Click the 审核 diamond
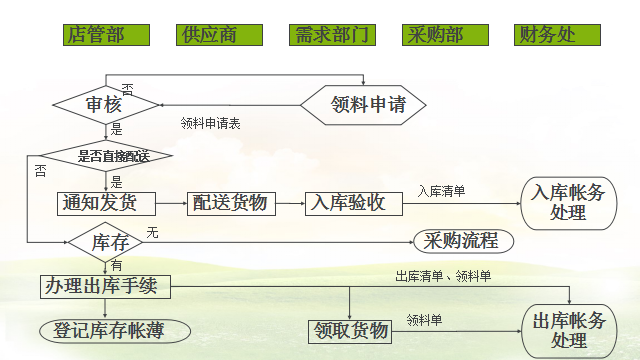point(106,104)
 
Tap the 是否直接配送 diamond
point(113,156)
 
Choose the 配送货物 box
point(231,203)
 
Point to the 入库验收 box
point(353,203)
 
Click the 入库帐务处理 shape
point(568,203)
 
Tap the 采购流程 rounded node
point(462,241)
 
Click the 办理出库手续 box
point(106,286)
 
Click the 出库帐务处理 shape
point(568,330)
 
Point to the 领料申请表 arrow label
point(210,123)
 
